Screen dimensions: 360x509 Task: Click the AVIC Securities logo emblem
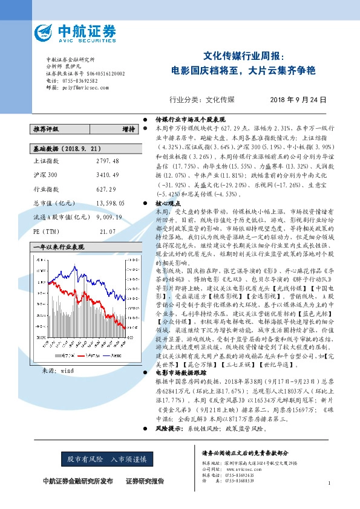pyautogui.click(x=46, y=32)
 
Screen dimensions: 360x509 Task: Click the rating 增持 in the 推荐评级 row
pyautogui.click(x=128, y=129)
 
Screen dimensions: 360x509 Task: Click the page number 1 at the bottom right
pyautogui.click(x=327, y=484)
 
